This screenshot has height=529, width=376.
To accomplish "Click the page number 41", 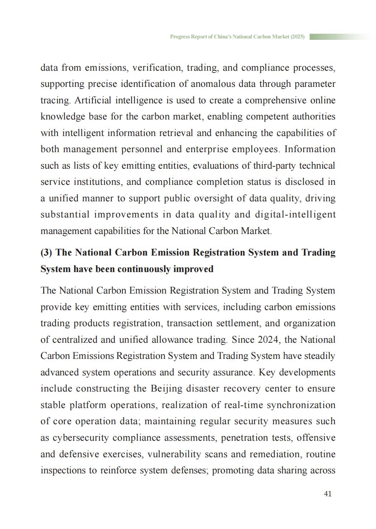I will [328, 494].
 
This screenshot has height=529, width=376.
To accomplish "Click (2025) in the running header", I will [297, 37].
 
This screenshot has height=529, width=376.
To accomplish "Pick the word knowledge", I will [62, 117].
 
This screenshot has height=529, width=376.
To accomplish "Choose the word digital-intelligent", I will [295, 215].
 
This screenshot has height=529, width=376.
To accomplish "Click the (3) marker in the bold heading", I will [46, 252].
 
